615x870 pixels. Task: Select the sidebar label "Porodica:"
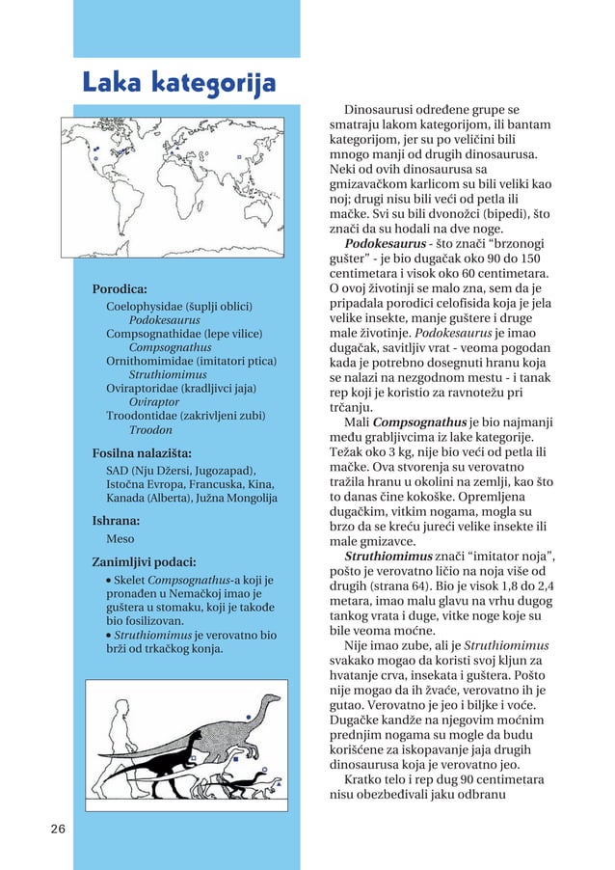click(x=119, y=288)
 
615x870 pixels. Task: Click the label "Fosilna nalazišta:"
click(x=141, y=451)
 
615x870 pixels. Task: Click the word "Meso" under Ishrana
click(x=120, y=539)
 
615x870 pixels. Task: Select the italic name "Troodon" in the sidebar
click(x=150, y=429)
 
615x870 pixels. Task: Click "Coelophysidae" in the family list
click(x=144, y=306)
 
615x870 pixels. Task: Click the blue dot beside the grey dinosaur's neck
click(x=249, y=717)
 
